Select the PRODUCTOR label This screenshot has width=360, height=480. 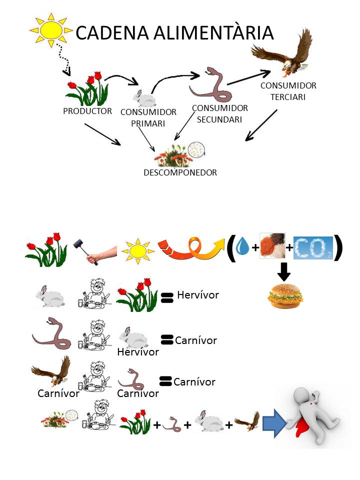[x=87, y=111]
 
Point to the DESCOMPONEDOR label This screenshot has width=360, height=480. [x=180, y=172]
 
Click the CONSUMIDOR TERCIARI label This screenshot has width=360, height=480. [x=288, y=91]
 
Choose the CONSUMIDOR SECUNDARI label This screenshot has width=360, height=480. [x=220, y=113]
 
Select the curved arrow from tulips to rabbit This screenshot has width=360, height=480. [x=120, y=78]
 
